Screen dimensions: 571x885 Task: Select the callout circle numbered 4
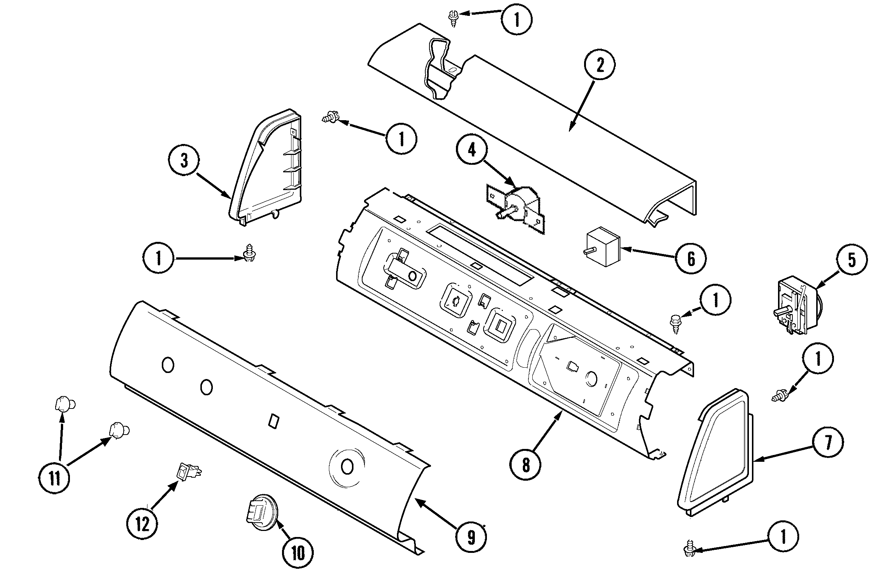tap(471, 150)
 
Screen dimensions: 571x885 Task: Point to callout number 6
tap(691, 259)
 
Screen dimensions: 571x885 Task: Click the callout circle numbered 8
tap(525, 466)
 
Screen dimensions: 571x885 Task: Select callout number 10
tap(298, 553)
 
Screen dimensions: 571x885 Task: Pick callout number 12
tap(142, 524)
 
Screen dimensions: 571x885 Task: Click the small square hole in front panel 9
tap(273, 422)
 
